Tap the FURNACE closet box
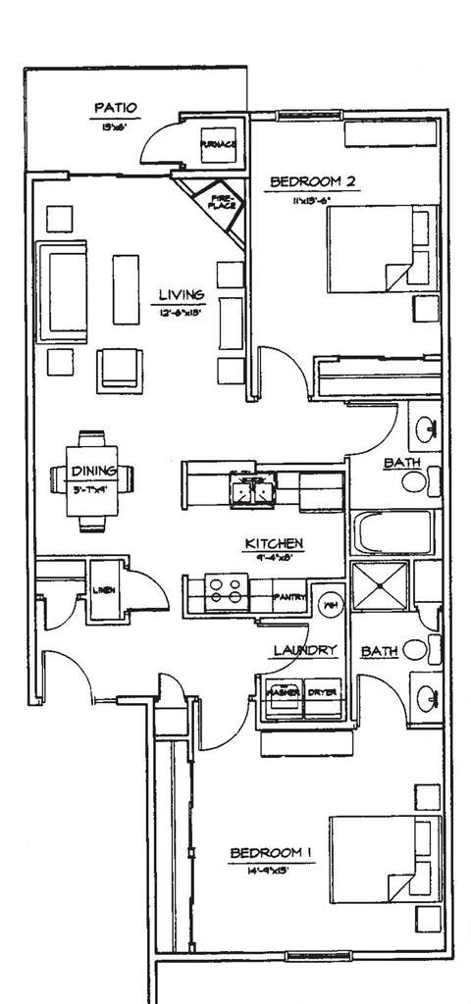(x=217, y=145)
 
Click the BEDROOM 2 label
(x=311, y=181)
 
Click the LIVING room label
(x=182, y=294)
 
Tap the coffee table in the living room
(x=126, y=289)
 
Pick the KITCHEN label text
(x=274, y=543)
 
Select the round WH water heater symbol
(x=331, y=603)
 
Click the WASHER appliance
(x=281, y=691)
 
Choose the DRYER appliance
(x=322, y=691)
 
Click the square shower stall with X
(x=376, y=586)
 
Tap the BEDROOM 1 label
(x=271, y=854)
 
